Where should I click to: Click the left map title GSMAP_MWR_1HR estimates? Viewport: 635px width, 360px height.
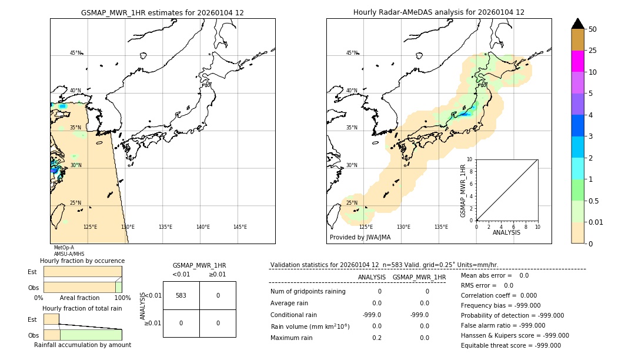click(x=162, y=12)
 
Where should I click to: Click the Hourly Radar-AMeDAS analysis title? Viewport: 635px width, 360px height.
click(x=439, y=12)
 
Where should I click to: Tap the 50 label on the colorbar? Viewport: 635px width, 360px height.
click(x=593, y=29)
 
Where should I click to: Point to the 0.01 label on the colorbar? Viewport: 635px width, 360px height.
click(x=596, y=222)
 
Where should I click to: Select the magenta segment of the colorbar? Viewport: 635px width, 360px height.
click(x=577, y=61)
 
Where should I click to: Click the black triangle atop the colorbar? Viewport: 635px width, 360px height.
click(x=577, y=24)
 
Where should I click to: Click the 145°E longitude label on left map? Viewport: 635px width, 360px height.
click(x=240, y=227)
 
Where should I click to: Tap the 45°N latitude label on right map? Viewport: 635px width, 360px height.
click(x=352, y=53)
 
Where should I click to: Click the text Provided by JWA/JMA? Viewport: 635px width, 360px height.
click(x=360, y=237)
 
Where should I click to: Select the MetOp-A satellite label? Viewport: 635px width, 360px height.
click(x=63, y=248)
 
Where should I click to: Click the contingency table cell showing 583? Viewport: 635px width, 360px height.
click(x=181, y=295)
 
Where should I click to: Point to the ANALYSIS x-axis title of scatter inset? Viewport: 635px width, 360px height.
click(x=506, y=232)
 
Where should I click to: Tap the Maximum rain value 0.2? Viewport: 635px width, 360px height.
click(x=376, y=338)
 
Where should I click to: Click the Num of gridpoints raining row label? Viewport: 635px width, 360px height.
click(x=308, y=291)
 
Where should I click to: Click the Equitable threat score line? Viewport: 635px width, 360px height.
click(x=510, y=345)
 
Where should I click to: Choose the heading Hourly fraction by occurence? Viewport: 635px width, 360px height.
click(x=82, y=261)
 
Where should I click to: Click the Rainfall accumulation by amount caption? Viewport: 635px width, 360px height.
click(x=82, y=345)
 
